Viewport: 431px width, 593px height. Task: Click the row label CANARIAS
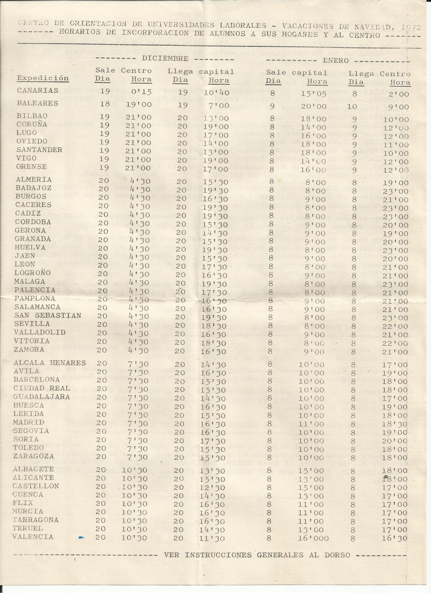point(38,91)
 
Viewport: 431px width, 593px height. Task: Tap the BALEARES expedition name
point(37,103)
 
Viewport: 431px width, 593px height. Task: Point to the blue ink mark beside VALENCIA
point(82,537)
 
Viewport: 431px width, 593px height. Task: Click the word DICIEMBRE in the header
point(165,59)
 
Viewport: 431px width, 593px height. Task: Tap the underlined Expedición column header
point(43,78)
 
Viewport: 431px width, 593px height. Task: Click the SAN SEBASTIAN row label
point(48,315)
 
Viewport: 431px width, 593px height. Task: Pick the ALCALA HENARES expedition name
point(50,363)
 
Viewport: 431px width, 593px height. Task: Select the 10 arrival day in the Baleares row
point(352,107)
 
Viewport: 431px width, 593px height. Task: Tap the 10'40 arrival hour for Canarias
point(216,93)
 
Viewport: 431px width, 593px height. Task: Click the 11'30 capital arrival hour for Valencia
point(212,538)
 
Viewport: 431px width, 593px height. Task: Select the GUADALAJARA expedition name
point(42,397)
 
